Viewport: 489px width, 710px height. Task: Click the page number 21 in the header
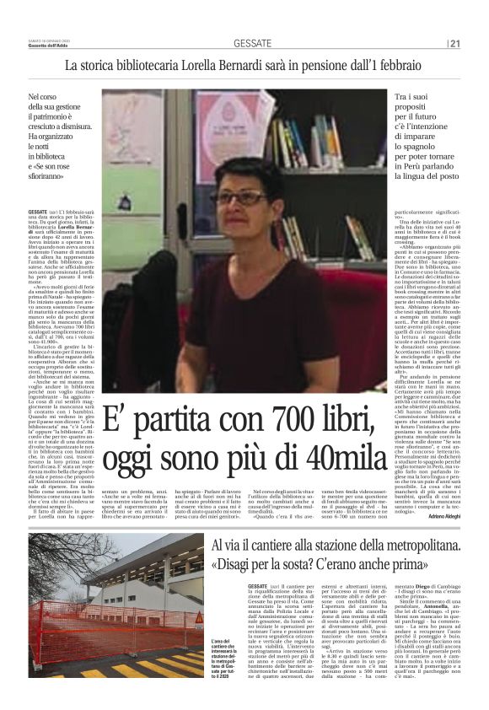454,44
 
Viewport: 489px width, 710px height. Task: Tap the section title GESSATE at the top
251,44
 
